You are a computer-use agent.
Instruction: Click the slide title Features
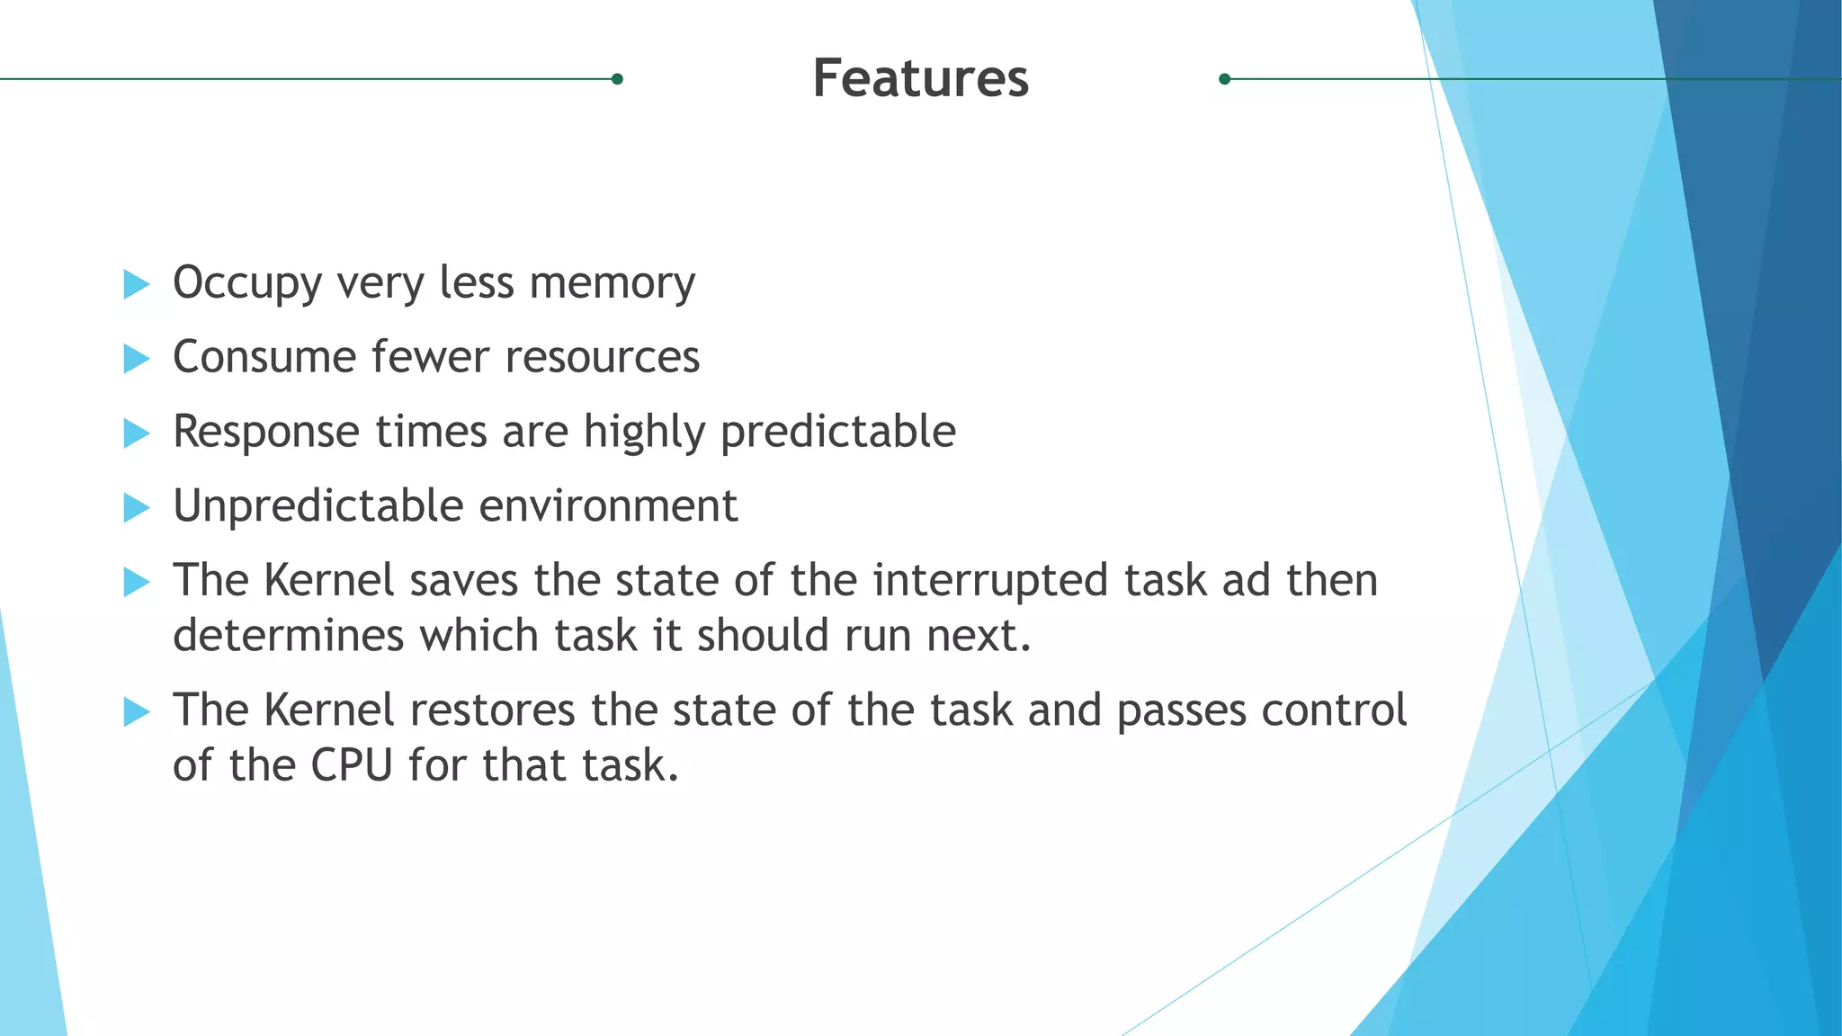[920, 78]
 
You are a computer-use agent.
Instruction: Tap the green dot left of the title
[617, 79]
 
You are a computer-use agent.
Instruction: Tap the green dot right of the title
[1224, 79]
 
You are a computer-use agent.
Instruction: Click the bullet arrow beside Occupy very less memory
[136, 284]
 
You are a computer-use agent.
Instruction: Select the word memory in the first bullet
[612, 284]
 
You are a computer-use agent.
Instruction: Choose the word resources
[602, 357]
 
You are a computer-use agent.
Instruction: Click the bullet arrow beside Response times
[136, 433]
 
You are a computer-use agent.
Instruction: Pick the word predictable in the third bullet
[837, 433]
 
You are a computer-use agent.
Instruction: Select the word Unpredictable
[318, 506]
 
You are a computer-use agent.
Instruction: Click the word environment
[608, 506]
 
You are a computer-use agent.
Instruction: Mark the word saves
[463, 581]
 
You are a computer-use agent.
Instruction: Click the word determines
[288, 636]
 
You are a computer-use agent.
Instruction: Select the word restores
[492, 710]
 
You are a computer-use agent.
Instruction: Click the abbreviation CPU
[352, 766]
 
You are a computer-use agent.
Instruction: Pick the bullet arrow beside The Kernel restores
[136, 712]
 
